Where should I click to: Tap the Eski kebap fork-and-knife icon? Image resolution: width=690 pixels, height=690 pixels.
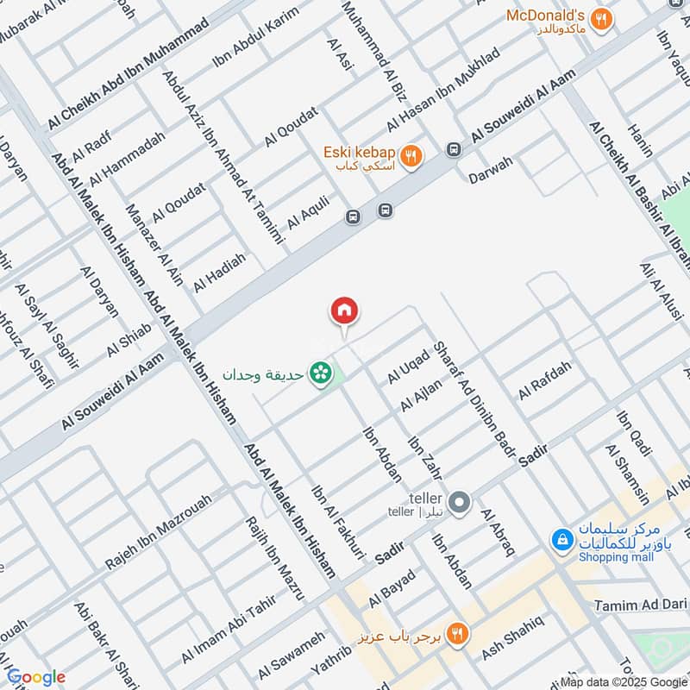tap(412, 156)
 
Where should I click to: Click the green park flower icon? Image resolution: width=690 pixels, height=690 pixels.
tap(322, 374)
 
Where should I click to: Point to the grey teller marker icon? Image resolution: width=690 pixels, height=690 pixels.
tap(461, 501)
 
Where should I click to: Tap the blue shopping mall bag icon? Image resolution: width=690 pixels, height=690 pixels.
tap(561, 541)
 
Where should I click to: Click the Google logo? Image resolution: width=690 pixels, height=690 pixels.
tap(36, 676)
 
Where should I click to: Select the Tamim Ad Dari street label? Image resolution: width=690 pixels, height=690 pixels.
tap(639, 606)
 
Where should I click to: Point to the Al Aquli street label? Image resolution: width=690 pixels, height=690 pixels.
tap(309, 211)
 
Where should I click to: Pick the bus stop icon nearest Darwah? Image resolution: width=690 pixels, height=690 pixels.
tap(453, 149)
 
